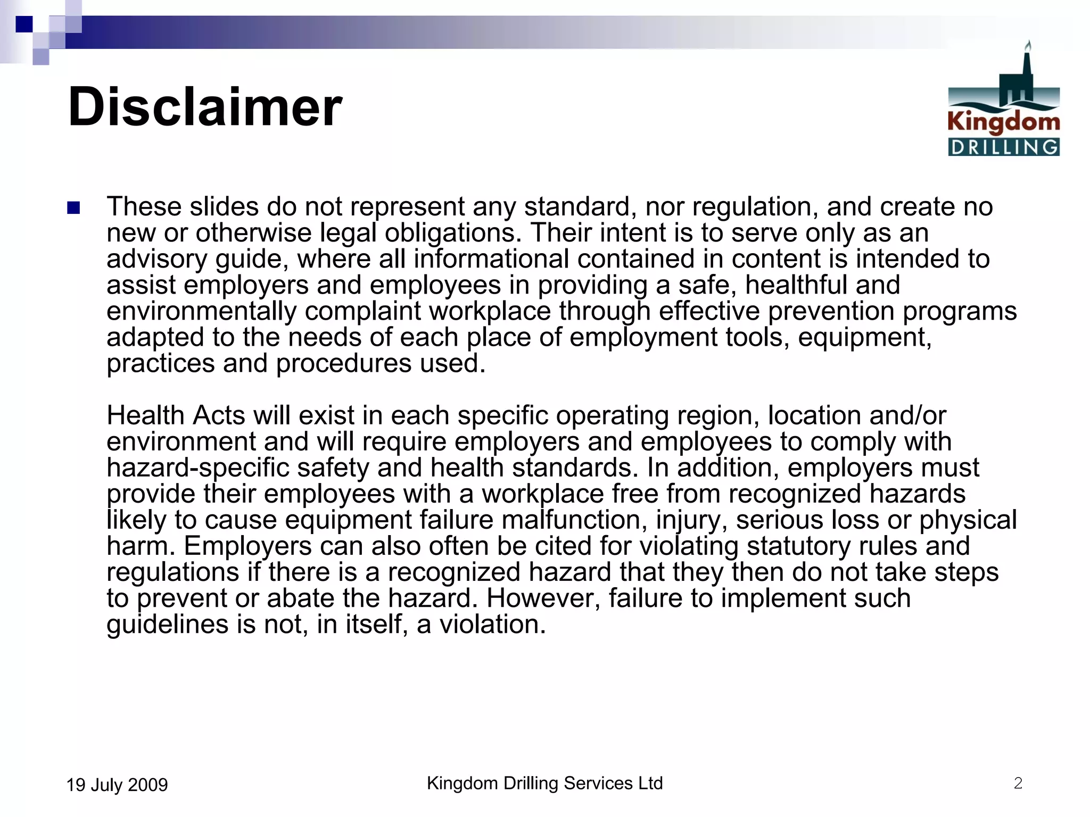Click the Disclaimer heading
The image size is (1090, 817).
pos(205,107)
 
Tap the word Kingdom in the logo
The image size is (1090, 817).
pos(1003,122)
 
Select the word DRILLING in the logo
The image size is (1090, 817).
pos(1004,147)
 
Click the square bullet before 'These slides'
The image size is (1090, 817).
pos(73,207)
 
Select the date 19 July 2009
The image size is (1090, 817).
pos(117,785)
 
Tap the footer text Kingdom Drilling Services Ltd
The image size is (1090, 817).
pos(544,783)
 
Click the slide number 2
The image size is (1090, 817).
pos(1018,783)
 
